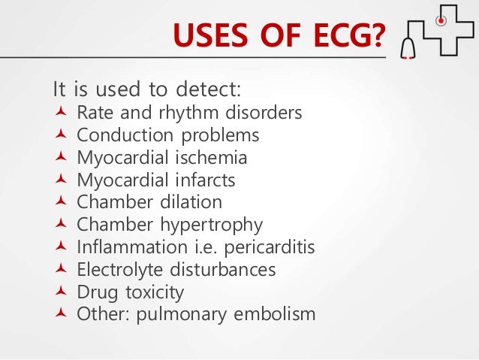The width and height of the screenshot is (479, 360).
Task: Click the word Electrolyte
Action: pos(118,269)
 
